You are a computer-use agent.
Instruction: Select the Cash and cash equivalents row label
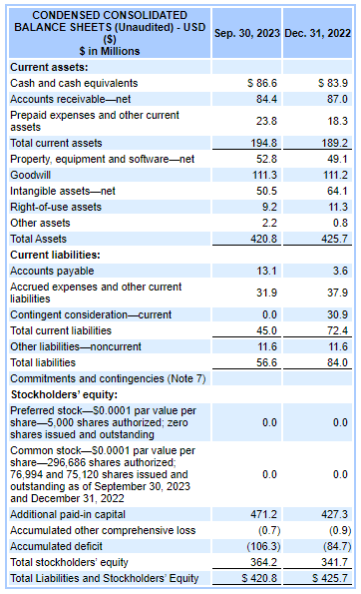74,83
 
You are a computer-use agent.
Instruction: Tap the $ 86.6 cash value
261,83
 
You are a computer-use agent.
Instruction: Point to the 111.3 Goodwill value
263,175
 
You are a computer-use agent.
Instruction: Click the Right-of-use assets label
56,207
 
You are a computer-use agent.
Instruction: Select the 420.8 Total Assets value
263,239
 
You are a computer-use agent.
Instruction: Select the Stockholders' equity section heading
59,393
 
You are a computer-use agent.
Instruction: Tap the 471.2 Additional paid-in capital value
263,514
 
